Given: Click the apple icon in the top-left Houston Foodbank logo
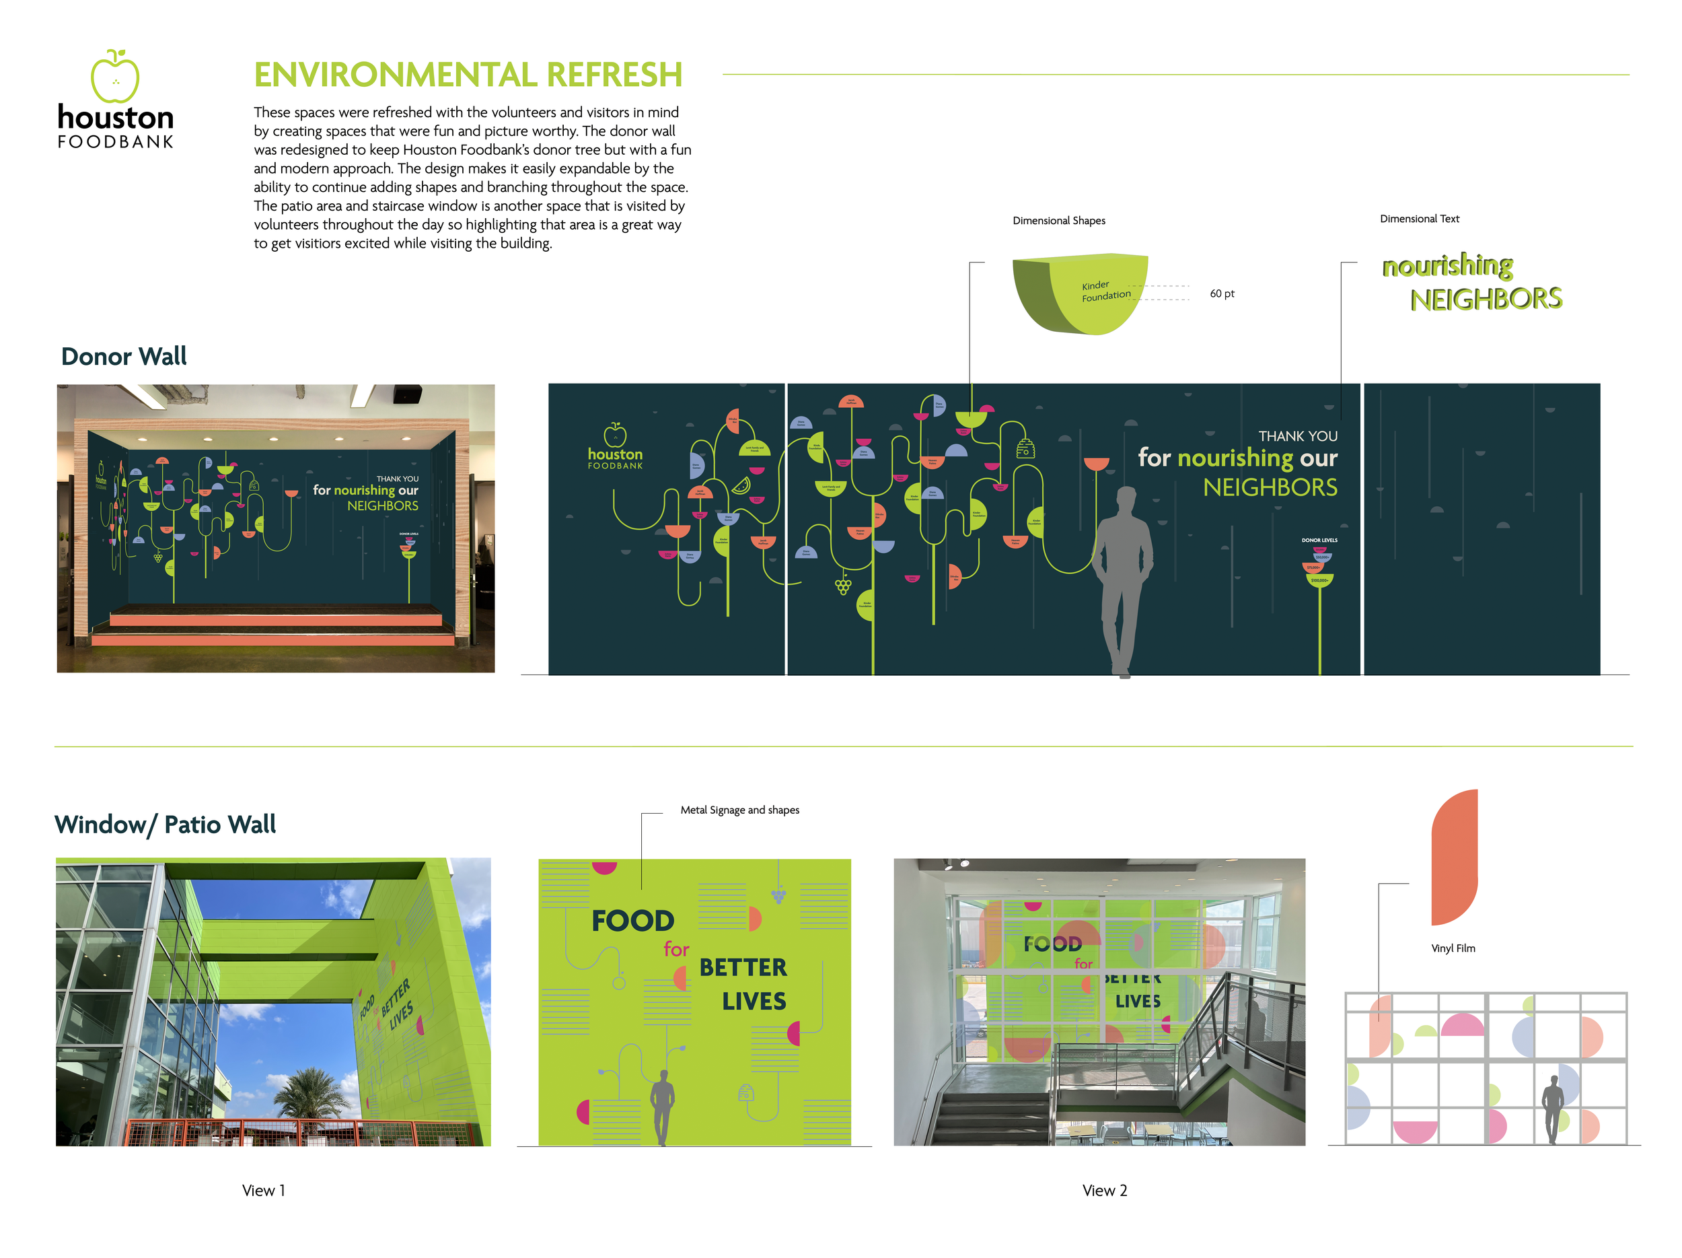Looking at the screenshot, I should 115,77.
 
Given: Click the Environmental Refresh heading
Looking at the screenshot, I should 468,75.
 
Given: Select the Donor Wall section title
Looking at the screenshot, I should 123,356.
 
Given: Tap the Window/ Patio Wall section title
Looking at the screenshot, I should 165,825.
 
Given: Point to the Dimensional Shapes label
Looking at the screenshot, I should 1058,221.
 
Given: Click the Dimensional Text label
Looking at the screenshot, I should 1419,219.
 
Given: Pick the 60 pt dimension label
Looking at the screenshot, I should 1221,293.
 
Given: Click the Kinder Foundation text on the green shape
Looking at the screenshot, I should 1105,291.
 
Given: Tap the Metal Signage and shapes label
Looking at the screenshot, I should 739,810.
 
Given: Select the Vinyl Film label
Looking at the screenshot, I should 1453,948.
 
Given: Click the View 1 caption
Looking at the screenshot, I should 263,1190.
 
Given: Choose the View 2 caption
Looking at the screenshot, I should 1104,1190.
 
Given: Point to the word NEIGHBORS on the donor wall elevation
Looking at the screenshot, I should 1269,487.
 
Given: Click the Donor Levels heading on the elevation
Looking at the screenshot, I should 1319,540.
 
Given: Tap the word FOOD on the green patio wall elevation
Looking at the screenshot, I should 632,921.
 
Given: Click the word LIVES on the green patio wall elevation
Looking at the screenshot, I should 754,1001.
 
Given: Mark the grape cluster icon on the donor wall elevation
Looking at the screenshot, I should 842,586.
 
